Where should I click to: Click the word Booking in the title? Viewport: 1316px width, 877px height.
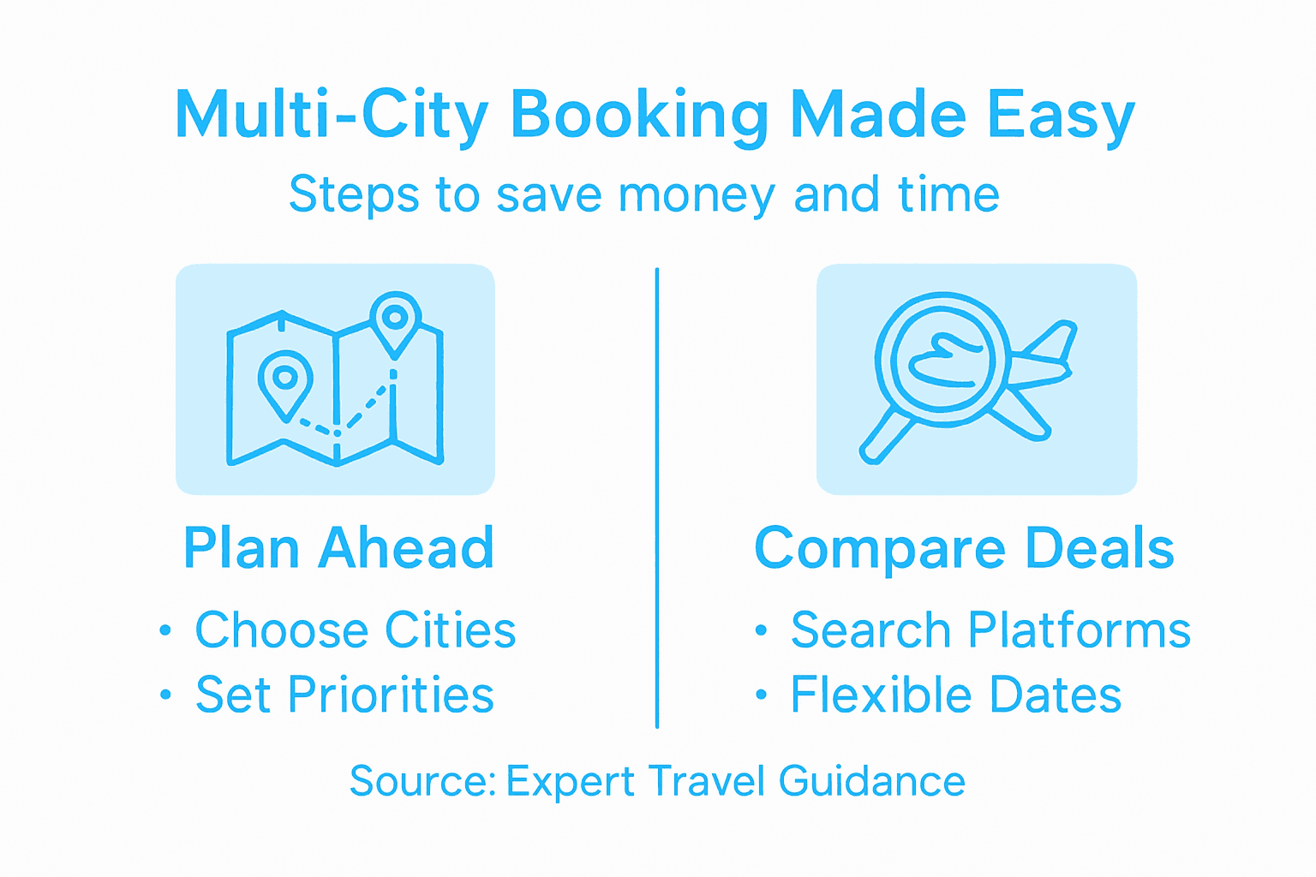pos(639,116)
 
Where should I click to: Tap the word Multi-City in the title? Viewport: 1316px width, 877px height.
pos(331,116)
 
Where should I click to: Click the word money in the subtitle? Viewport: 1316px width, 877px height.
pos(696,195)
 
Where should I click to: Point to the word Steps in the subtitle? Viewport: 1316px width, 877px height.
pos(354,195)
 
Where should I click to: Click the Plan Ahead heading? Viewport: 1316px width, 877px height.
pos(339,548)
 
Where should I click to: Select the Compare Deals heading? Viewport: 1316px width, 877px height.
pos(964,548)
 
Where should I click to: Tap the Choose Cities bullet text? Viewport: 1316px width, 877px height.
pos(356,630)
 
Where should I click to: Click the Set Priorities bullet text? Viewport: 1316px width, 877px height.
pos(344,695)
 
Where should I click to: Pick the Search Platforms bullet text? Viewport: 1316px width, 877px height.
pos(990,630)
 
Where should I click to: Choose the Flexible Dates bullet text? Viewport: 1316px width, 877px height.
pos(955,695)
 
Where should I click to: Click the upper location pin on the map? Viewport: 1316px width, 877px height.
pos(394,321)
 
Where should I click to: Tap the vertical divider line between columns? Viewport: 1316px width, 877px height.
pos(657,497)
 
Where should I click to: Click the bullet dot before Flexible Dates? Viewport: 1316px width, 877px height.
pos(761,695)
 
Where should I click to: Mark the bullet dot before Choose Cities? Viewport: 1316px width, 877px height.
pos(165,631)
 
